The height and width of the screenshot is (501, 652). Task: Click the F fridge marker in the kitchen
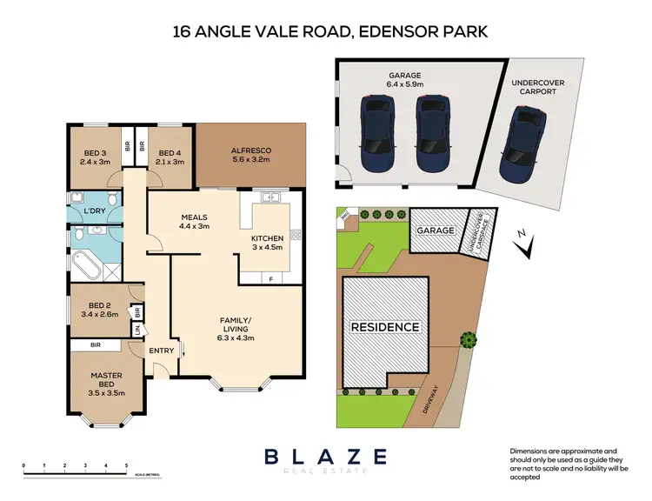[x=270, y=278]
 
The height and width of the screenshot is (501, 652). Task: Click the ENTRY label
[x=162, y=351]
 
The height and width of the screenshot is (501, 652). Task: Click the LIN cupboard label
[x=136, y=330]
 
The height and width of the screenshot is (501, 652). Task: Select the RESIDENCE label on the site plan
[x=385, y=327]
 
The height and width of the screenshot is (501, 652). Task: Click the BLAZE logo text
[x=326, y=456]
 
